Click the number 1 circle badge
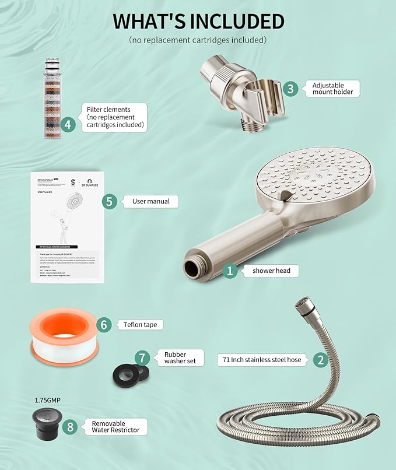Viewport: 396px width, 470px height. (x=230, y=271)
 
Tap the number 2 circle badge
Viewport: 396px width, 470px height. (x=320, y=360)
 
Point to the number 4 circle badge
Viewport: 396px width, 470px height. (x=68, y=124)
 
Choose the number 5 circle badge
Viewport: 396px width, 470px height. (x=109, y=201)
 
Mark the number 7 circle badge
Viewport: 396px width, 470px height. (x=142, y=357)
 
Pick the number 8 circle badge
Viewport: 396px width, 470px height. (x=71, y=426)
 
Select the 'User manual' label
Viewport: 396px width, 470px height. (x=150, y=201)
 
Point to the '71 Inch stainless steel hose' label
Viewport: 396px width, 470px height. (x=262, y=360)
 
